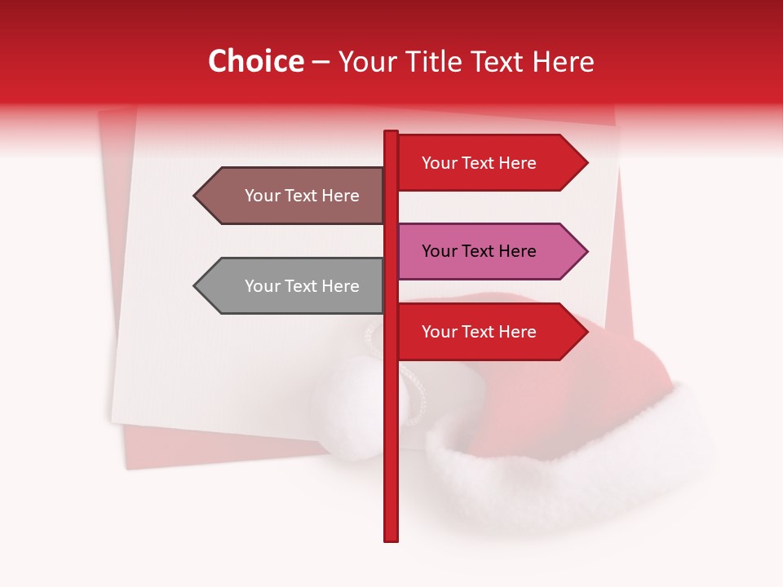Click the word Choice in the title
(255, 61)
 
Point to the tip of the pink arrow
(586, 251)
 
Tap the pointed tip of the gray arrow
(195, 286)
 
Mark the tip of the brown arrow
(195, 196)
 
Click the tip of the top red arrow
(586, 163)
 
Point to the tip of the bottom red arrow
(586, 332)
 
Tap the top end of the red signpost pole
(391, 134)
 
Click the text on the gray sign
(302, 286)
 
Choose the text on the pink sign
(479, 251)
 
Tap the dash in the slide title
(321, 63)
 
